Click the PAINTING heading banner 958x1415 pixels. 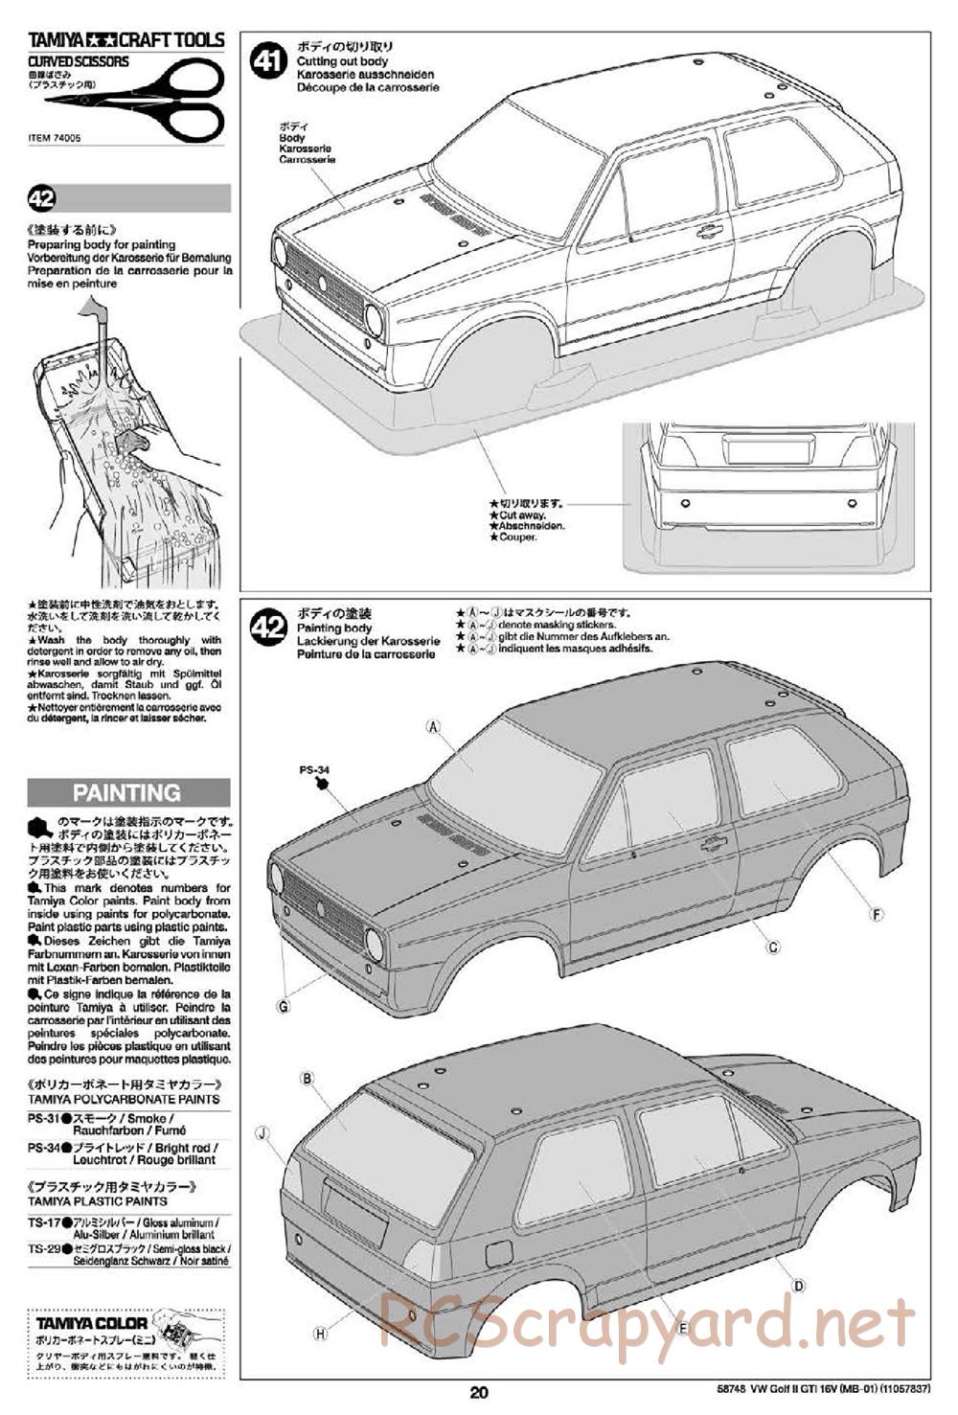point(127,792)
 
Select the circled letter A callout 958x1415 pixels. point(433,727)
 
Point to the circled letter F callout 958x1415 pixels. point(876,914)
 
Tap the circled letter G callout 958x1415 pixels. point(283,1006)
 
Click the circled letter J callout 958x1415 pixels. point(262,1132)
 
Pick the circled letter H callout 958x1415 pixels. point(320,1333)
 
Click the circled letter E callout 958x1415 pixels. point(683,1328)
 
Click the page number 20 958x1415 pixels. point(479,1393)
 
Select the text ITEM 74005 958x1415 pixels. point(55,138)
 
